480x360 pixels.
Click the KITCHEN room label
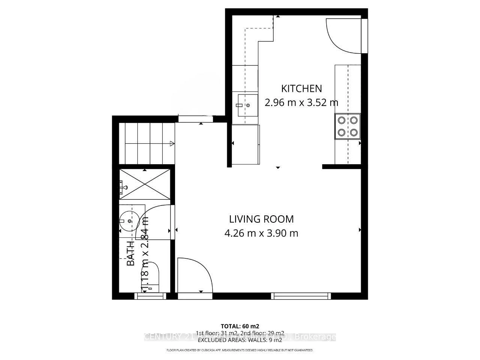pos(301,88)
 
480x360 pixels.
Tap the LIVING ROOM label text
pos(261,219)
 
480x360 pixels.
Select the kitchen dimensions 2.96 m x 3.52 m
pos(301,102)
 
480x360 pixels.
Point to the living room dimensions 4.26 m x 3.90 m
pos(261,233)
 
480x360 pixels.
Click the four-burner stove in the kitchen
pos(347,126)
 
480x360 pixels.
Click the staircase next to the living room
pos(146,143)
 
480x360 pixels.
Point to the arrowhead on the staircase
pos(172,143)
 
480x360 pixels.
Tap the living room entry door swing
pos(194,275)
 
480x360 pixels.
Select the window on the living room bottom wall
pos(301,296)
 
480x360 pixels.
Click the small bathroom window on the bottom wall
pos(150,296)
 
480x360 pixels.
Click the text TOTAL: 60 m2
pos(240,325)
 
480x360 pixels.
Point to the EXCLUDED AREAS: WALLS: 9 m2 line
pos(240,340)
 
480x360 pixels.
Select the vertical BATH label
pos(130,253)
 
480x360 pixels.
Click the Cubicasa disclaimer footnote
pos(240,350)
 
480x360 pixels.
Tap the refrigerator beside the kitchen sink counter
pos(246,145)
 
